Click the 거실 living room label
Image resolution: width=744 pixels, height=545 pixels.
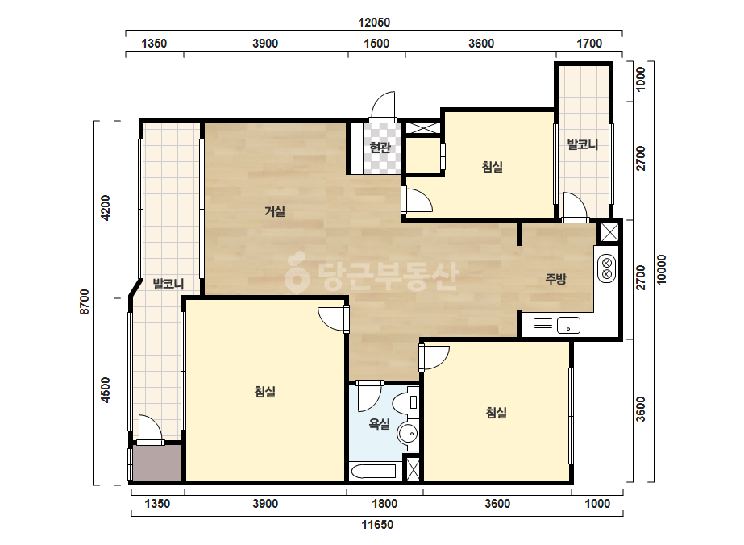point(275,210)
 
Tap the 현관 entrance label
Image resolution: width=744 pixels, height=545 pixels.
point(380,148)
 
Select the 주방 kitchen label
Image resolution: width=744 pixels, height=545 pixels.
point(555,279)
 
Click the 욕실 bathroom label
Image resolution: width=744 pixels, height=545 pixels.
point(380,423)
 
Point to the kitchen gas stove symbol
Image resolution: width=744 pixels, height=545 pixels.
point(606,268)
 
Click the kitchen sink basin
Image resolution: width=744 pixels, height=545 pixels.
point(568,326)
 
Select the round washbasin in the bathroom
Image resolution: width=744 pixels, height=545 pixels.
point(408,434)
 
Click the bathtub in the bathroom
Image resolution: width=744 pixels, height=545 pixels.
point(373,472)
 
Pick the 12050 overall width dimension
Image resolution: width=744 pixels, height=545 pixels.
point(374,23)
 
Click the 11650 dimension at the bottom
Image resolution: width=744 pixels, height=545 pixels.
point(377,525)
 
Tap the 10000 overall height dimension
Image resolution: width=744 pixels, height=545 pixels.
point(662,269)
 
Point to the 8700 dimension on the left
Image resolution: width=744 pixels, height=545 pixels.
point(85,302)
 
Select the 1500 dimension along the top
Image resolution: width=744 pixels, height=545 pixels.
point(376,44)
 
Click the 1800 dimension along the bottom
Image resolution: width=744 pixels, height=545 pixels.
point(384,503)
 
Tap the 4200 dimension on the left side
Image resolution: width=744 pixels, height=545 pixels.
point(106,207)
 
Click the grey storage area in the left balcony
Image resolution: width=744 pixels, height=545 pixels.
point(157,463)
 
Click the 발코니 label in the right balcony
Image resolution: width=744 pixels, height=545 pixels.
point(583,144)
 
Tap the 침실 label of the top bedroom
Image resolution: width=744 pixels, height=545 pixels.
point(492,167)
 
